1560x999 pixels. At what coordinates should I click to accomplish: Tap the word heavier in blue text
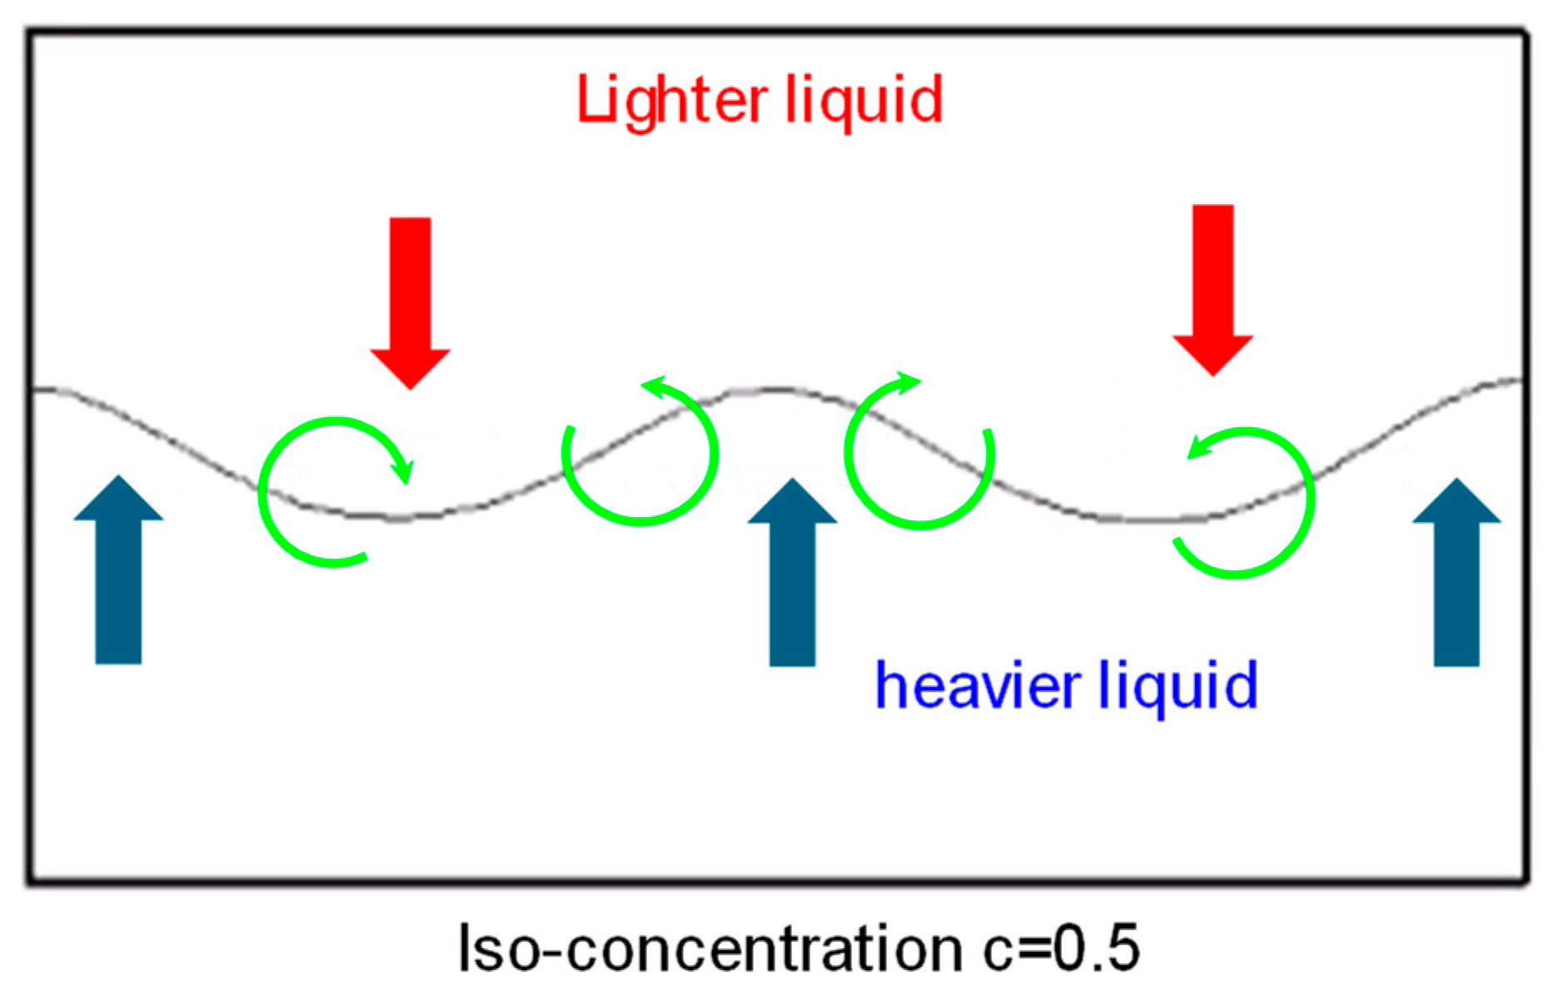978,686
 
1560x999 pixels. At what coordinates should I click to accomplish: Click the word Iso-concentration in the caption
710,949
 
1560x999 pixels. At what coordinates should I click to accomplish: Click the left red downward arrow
411,300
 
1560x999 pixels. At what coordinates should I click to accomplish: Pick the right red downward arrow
1213,287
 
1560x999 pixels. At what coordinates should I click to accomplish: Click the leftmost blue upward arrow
119,574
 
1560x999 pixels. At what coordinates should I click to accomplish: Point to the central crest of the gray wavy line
775,389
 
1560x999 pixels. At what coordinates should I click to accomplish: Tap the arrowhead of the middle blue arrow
792,501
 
